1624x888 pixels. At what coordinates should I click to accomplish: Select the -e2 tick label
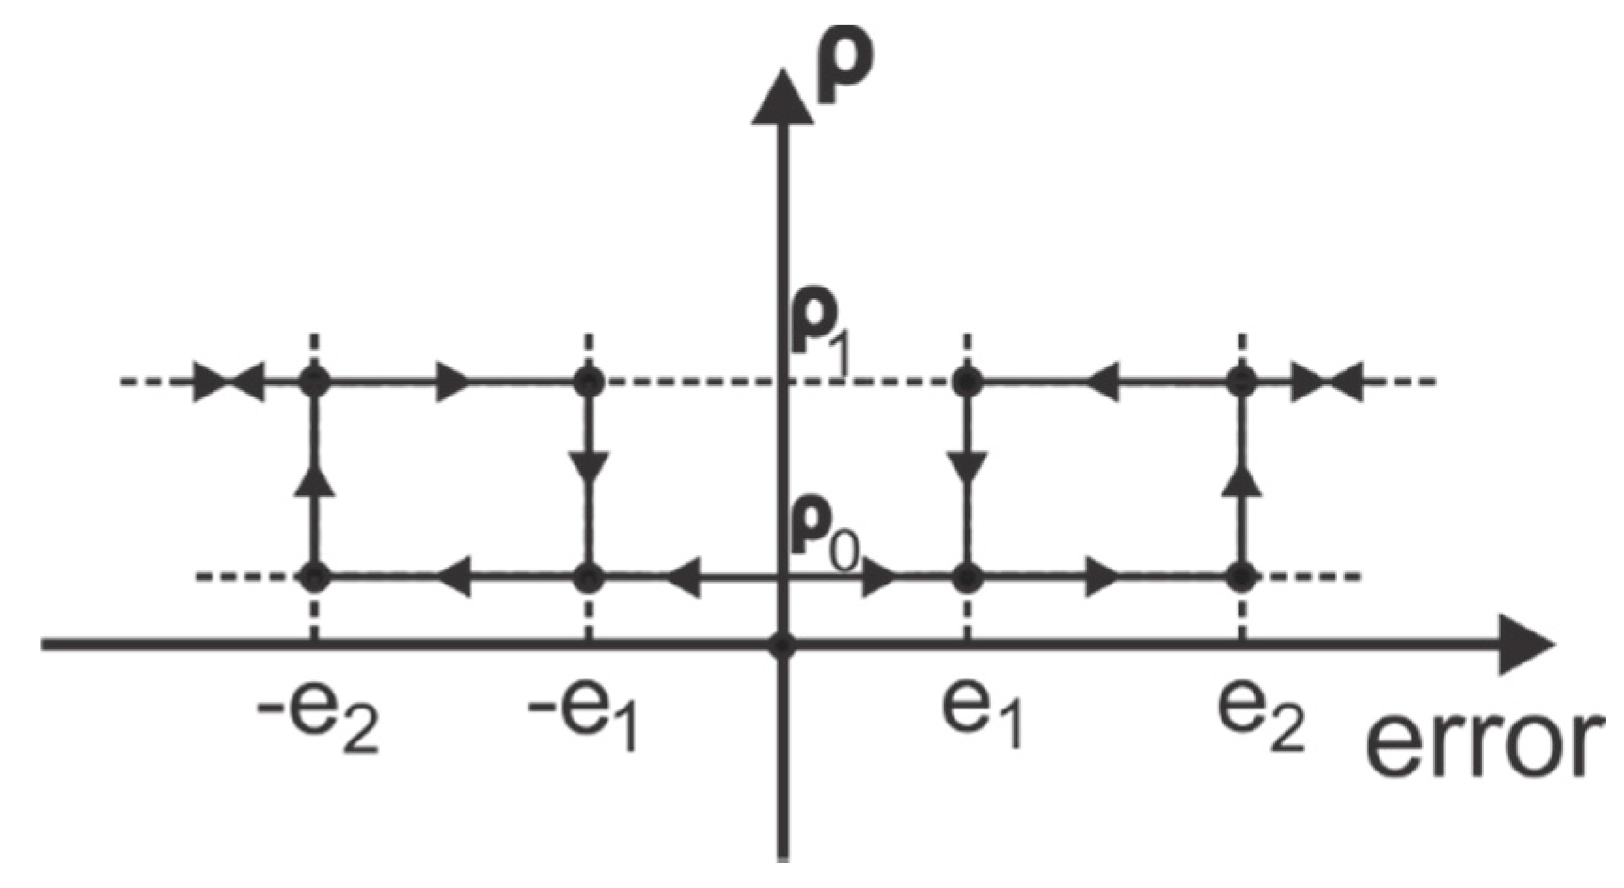tap(318, 718)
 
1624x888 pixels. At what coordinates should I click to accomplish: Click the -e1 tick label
tap(584, 718)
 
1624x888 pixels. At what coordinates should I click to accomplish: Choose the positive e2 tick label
tap(1261, 718)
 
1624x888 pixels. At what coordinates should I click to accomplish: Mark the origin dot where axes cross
tap(782, 646)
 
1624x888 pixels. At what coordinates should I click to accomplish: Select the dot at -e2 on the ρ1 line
tap(315, 382)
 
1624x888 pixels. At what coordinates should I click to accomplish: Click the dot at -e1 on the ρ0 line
tap(589, 576)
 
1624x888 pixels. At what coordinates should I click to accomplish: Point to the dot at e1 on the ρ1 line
tap(967, 382)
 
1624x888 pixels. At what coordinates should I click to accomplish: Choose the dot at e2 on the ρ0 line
tap(1242, 576)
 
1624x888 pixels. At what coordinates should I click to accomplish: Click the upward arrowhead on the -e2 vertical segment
tap(315, 478)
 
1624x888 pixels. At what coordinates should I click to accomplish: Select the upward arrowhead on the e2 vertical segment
tap(1244, 478)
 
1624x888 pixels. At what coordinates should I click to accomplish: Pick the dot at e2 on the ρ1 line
tap(1242, 382)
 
